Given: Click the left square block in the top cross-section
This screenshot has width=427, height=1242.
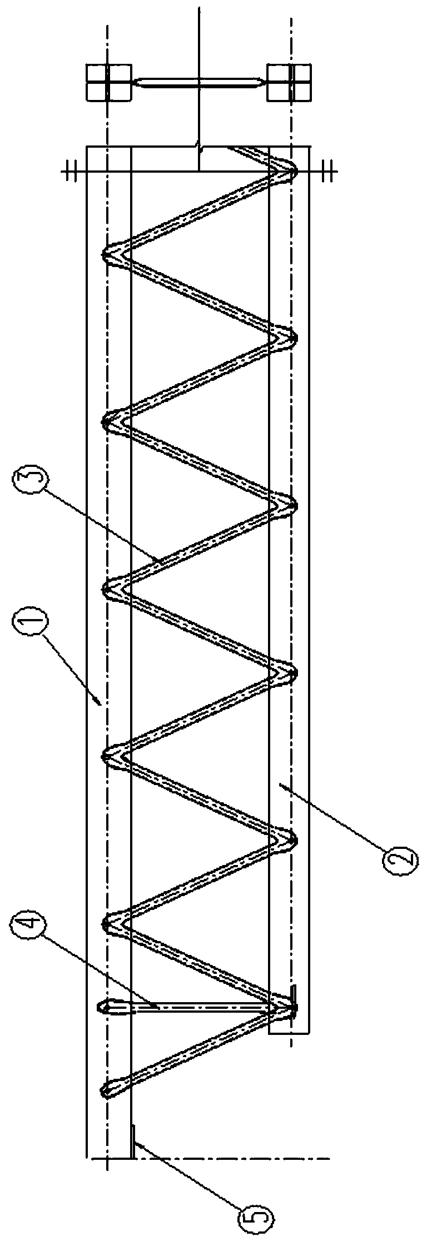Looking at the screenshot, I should pos(109,82).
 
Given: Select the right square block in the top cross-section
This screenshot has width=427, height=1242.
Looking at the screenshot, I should pos(289,82).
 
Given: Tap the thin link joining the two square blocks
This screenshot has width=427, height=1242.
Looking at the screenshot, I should pos(199,83).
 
